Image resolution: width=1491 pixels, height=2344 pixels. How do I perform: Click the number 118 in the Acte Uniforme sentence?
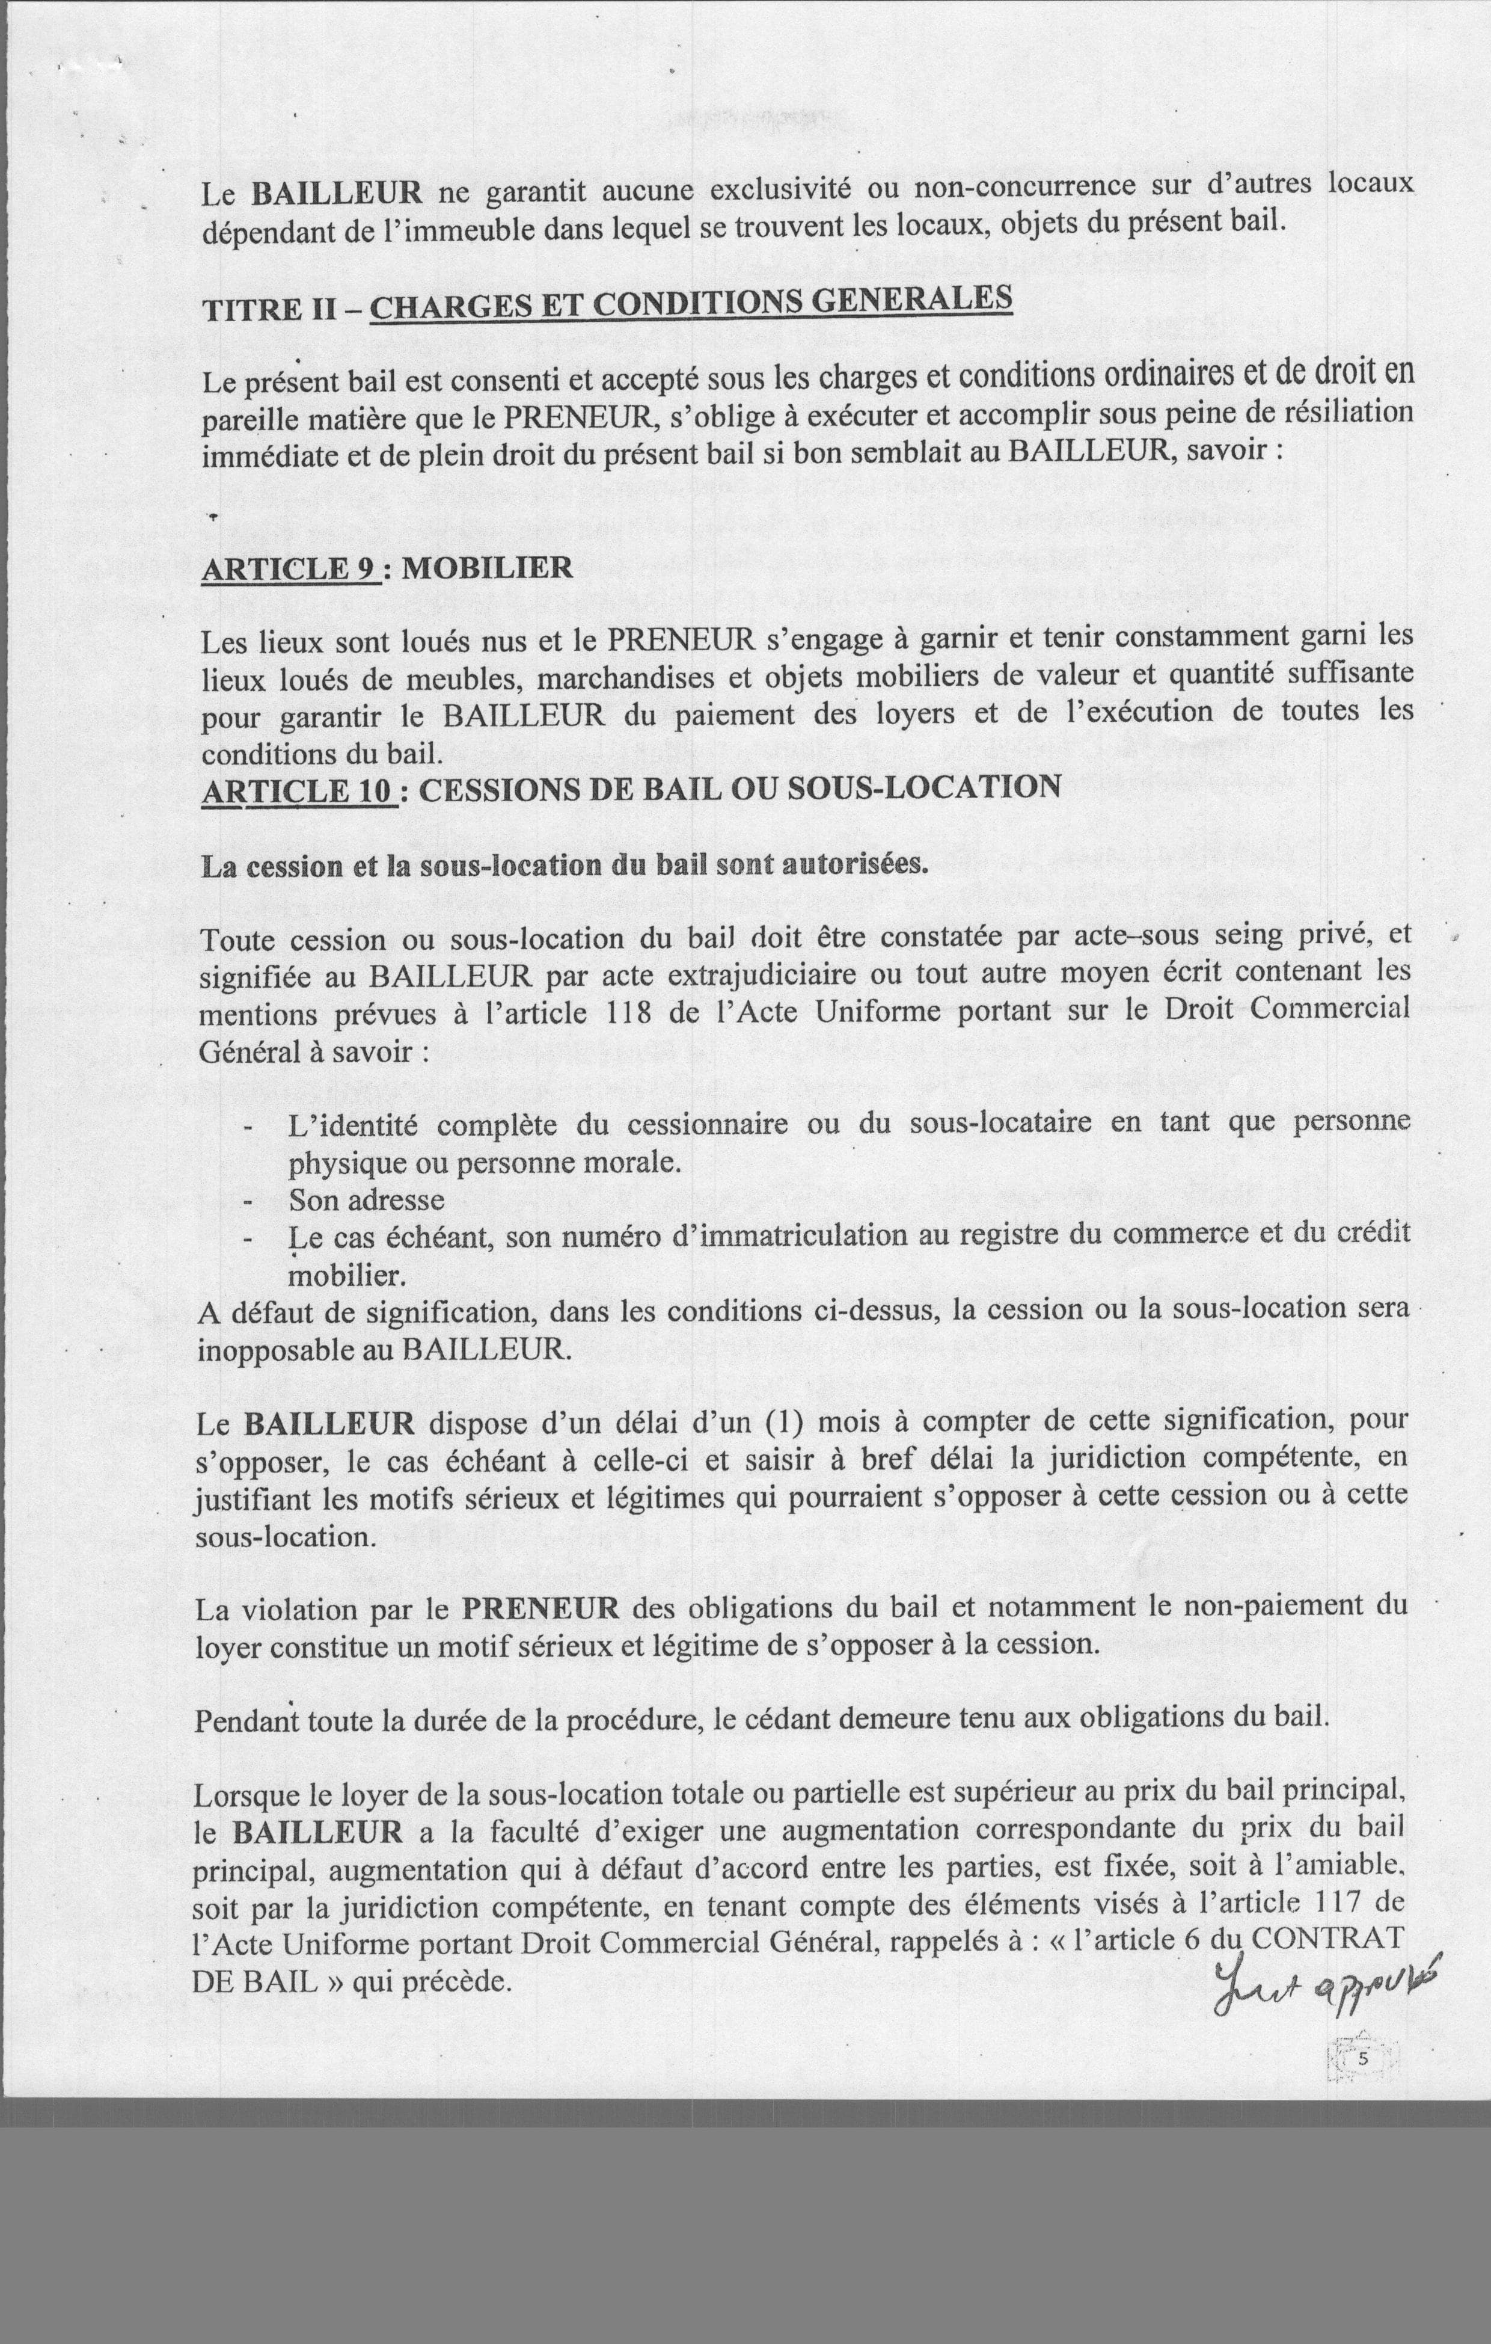tap(634, 1011)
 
